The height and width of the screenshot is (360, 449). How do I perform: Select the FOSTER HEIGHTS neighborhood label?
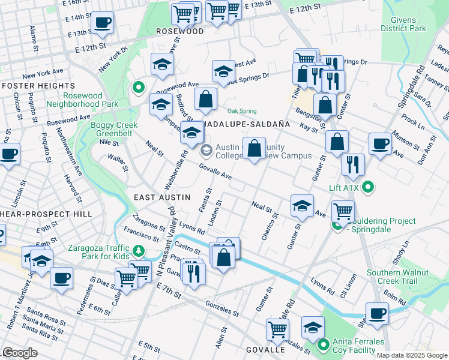click(x=29, y=86)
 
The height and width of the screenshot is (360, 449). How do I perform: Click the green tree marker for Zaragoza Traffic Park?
click(x=139, y=250)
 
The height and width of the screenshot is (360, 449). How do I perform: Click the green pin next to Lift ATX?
click(x=370, y=187)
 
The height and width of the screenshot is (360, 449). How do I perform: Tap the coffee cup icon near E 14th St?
click(x=101, y=23)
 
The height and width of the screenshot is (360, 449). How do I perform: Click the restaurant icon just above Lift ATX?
click(x=353, y=164)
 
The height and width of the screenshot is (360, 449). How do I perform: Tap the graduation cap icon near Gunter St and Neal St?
click(x=302, y=206)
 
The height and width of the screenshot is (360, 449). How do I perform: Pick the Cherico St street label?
click(x=268, y=227)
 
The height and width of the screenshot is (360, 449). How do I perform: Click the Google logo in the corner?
click(x=20, y=353)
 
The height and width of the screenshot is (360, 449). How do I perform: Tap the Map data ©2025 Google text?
click(x=411, y=355)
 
